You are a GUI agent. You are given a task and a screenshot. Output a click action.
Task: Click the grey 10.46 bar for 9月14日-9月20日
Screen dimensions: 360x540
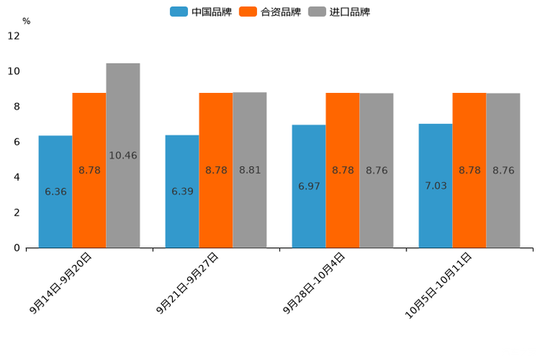[123, 155]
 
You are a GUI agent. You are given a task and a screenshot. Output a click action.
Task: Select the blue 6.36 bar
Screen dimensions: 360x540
[55, 192]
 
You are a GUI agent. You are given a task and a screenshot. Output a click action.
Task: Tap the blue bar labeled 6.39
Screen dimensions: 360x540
[182, 192]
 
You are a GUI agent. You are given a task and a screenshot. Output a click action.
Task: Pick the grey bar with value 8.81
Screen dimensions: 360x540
[250, 170]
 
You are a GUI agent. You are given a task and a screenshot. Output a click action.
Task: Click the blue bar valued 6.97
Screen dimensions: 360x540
[308, 187]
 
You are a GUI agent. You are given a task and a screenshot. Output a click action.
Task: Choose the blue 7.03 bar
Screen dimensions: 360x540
[435, 186]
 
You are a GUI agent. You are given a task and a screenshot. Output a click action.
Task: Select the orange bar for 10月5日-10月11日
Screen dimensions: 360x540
[470, 170]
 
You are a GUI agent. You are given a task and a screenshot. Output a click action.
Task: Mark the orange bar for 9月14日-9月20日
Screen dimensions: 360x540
[89, 170]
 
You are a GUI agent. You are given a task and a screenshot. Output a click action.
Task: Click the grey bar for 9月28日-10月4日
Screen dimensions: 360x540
[377, 171]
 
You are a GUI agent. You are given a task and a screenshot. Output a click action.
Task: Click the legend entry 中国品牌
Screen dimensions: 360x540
[201, 12]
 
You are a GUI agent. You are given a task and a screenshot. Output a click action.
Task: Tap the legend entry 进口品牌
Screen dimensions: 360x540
[339, 12]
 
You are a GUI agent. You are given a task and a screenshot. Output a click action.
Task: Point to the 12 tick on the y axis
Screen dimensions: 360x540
[14, 36]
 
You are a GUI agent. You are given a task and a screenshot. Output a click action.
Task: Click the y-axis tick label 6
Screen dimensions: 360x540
[17, 142]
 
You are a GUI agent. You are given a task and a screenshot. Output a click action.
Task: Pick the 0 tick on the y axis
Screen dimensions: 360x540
[17, 247]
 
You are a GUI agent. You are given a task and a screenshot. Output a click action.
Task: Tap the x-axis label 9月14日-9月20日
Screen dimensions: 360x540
[61, 284]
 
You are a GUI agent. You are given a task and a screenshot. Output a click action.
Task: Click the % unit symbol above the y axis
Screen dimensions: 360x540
[26, 22]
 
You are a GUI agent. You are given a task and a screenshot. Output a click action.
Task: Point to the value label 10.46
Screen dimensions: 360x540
[123, 155]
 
